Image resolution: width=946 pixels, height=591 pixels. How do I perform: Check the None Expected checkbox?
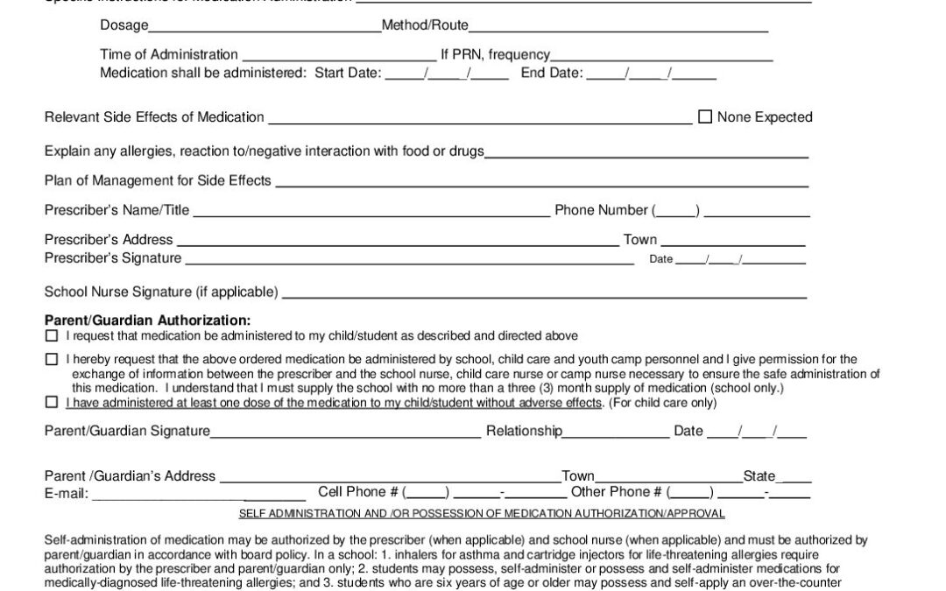705,117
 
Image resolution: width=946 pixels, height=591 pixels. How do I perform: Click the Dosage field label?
124,26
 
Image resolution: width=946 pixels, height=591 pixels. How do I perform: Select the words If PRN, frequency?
496,54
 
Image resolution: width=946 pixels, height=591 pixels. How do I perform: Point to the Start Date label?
348,73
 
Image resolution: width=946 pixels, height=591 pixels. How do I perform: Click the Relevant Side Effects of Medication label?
154,117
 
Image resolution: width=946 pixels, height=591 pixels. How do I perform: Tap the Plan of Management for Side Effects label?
158,181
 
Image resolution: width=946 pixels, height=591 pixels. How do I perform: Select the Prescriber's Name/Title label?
116,210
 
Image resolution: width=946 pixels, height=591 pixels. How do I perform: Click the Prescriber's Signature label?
113,258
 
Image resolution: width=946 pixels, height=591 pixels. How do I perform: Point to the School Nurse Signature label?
161,292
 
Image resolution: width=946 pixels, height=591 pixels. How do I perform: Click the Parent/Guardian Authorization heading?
147,320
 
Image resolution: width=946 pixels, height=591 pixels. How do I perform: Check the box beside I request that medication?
51,336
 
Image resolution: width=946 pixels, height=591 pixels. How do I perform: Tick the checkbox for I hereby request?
51,359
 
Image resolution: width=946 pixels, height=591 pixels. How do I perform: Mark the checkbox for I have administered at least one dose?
51,403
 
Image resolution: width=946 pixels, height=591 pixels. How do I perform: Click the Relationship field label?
524,431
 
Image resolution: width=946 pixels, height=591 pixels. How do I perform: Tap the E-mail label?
67,494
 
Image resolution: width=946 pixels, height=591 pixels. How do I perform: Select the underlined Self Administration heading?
482,514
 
